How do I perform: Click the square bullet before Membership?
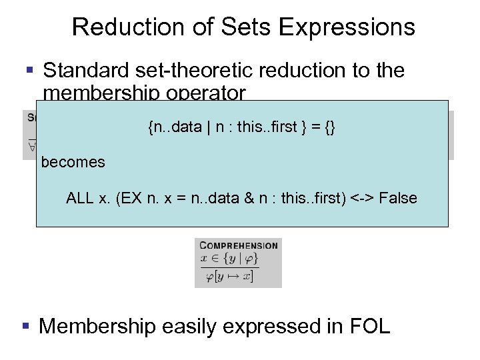pyautogui.click(x=25, y=326)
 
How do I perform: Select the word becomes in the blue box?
pyautogui.click(x=73, y=162)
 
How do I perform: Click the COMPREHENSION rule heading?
pyautogui.click(x=238, y=245)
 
